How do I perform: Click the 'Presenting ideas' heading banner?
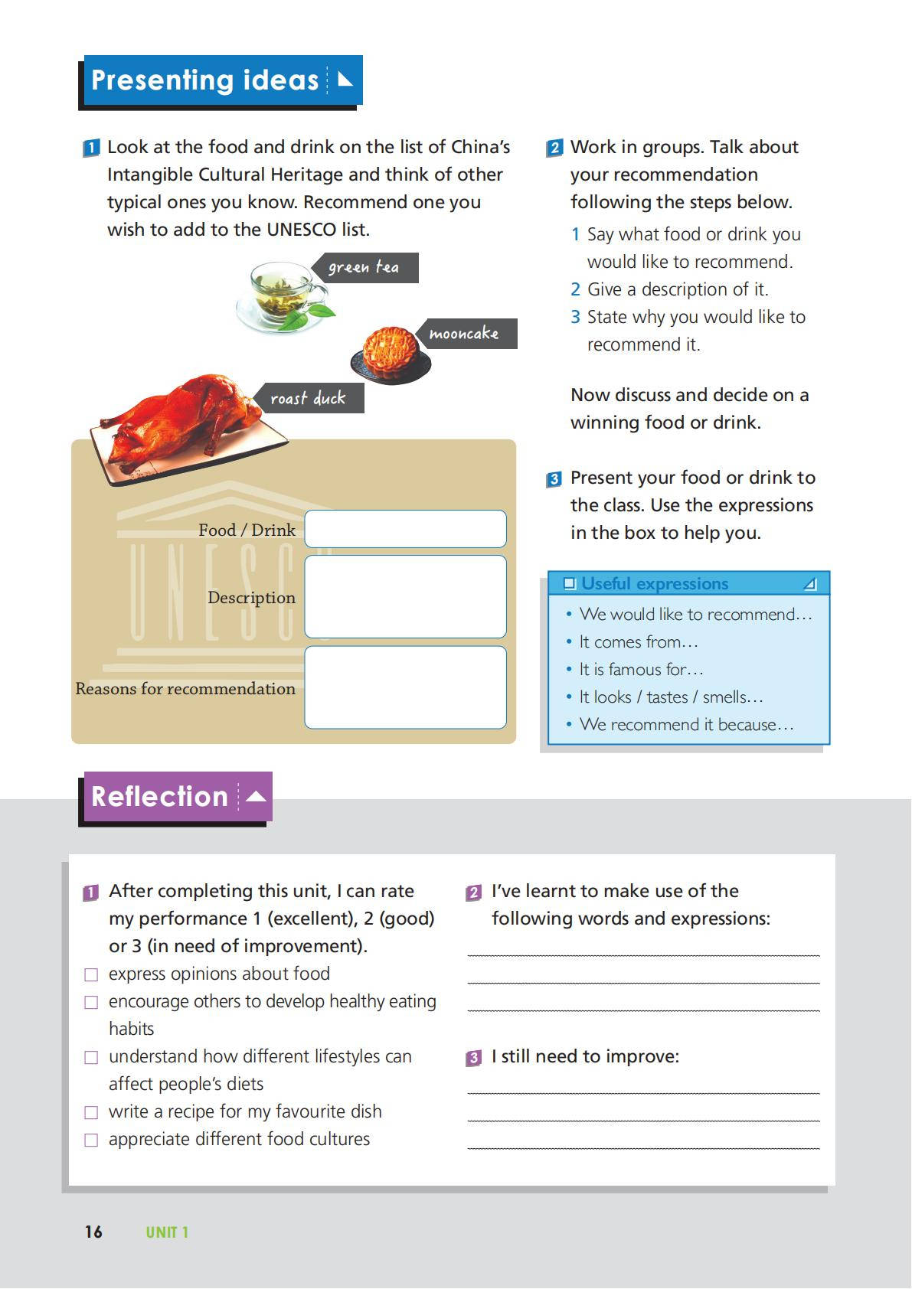[x=220, y=80]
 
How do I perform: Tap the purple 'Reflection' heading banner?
[x=177, y=797]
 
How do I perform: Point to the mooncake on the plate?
[x=391, y=352]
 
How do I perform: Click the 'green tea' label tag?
[x=364, y=268]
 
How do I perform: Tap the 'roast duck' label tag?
[x=309, y=399]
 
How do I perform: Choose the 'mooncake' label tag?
[x=466, y=334]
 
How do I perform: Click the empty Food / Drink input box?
[x=405, y=529]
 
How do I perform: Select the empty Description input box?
[x=405, y=596]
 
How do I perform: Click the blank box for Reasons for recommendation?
[x=405, y=687]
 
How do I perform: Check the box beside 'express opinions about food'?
[x=91, y=974]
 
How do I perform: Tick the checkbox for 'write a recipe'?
[x=91, y=1112]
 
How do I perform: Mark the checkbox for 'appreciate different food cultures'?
[x=91, y=1140]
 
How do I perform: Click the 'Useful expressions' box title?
[x=655, y=584]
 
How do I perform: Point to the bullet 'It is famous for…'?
[x=641, y=670]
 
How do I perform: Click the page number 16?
[x=93, y=1232]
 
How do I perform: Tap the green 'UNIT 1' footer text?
[x=167, y=1232]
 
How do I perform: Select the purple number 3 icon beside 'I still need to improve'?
[x=474, y=1058]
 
